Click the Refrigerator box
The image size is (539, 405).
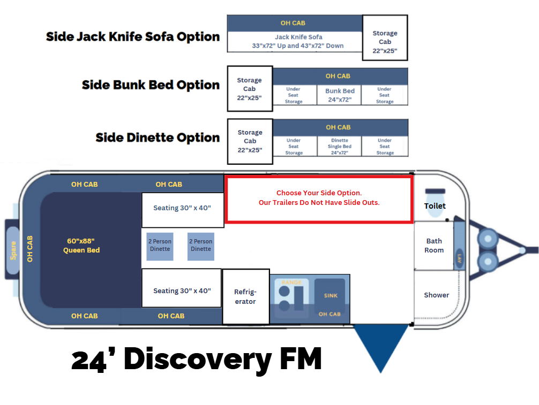(245, 296)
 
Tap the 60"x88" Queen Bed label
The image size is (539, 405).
(81, 246)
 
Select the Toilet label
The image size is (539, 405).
(435, 205)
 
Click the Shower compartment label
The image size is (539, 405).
(436, 295)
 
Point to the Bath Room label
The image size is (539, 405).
(434, 246)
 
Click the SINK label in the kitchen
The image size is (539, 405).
(331, 295)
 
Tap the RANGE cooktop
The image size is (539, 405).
(291, 296)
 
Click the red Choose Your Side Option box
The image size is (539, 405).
(319, 198)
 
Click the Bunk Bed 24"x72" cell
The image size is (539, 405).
(340, 95)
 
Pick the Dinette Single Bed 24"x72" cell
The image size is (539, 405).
(340, 146)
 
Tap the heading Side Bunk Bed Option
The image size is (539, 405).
(151, 85)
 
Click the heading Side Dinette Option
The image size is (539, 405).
(158, 137)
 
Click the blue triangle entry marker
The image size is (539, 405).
(380, 345)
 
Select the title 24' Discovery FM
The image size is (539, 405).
(196, 359)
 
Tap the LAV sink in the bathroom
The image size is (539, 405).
(459, 258)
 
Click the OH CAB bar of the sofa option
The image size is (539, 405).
(294, 23)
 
